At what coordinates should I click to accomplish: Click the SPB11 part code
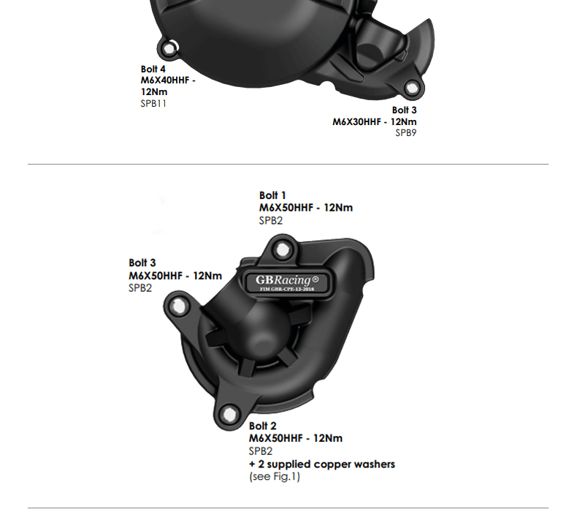pyautogui.click(x=153, y=104)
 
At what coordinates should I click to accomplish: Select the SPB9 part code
pyautogui.click(x=406, y=133)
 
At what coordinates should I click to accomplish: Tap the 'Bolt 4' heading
pyautogui.click(x=153, y=69)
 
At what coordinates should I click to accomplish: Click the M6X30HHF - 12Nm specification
pyautogui.click(x=375, y=121)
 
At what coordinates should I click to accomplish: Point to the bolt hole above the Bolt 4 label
pyautogui.click(x=170, y=50)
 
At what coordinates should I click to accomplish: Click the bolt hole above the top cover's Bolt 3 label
pyautogui.click(x=412, y=89)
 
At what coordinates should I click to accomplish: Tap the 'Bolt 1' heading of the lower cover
pyautogui.click(x=272, y=195)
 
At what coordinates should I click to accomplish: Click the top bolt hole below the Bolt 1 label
pyautogui.click(x=272, y=242)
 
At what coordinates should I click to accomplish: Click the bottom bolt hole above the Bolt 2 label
pyautogui.click(x=229, y=414)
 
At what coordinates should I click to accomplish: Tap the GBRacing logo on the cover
pyautogui.click(x=287, y=280)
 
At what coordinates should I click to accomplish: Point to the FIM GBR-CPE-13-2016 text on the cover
pyautogui.click(x=287, y=290)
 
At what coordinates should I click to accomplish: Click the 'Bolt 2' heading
pyautogui.click(x=262, y=426)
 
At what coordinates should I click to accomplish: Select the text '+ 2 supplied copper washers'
pyautogui.click(x=321, y=464)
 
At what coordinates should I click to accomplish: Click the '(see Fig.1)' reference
pyautogui.click(x=274, y=477)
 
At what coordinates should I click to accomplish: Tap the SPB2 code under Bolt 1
pyautogui.click(x=270, y=220)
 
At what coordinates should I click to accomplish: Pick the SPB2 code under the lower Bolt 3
pyautogui.click(x=140, y=288)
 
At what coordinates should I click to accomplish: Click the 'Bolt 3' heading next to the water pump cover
pyautogui.click(x=142, y=263)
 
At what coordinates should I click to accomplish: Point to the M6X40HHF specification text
pyautogui.click(x=168, y=80)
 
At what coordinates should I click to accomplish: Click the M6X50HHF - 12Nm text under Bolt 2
pyautogui.click(x=295, y=438)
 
